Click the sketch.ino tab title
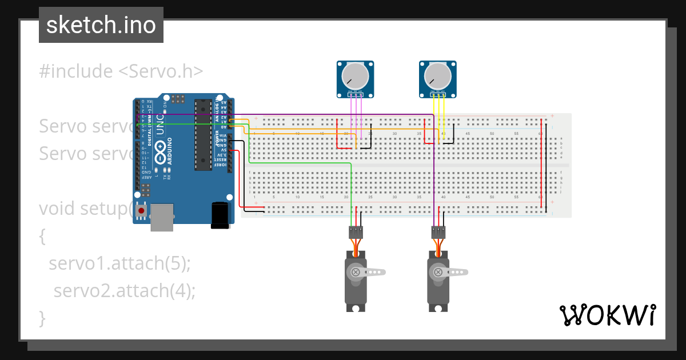(101, 25)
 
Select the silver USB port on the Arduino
(162, 217)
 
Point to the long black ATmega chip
(202, 135)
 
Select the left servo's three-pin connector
(356, 231)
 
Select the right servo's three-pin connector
(438, 231)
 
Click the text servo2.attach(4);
(125, 290)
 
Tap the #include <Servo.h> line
(121, 71)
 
